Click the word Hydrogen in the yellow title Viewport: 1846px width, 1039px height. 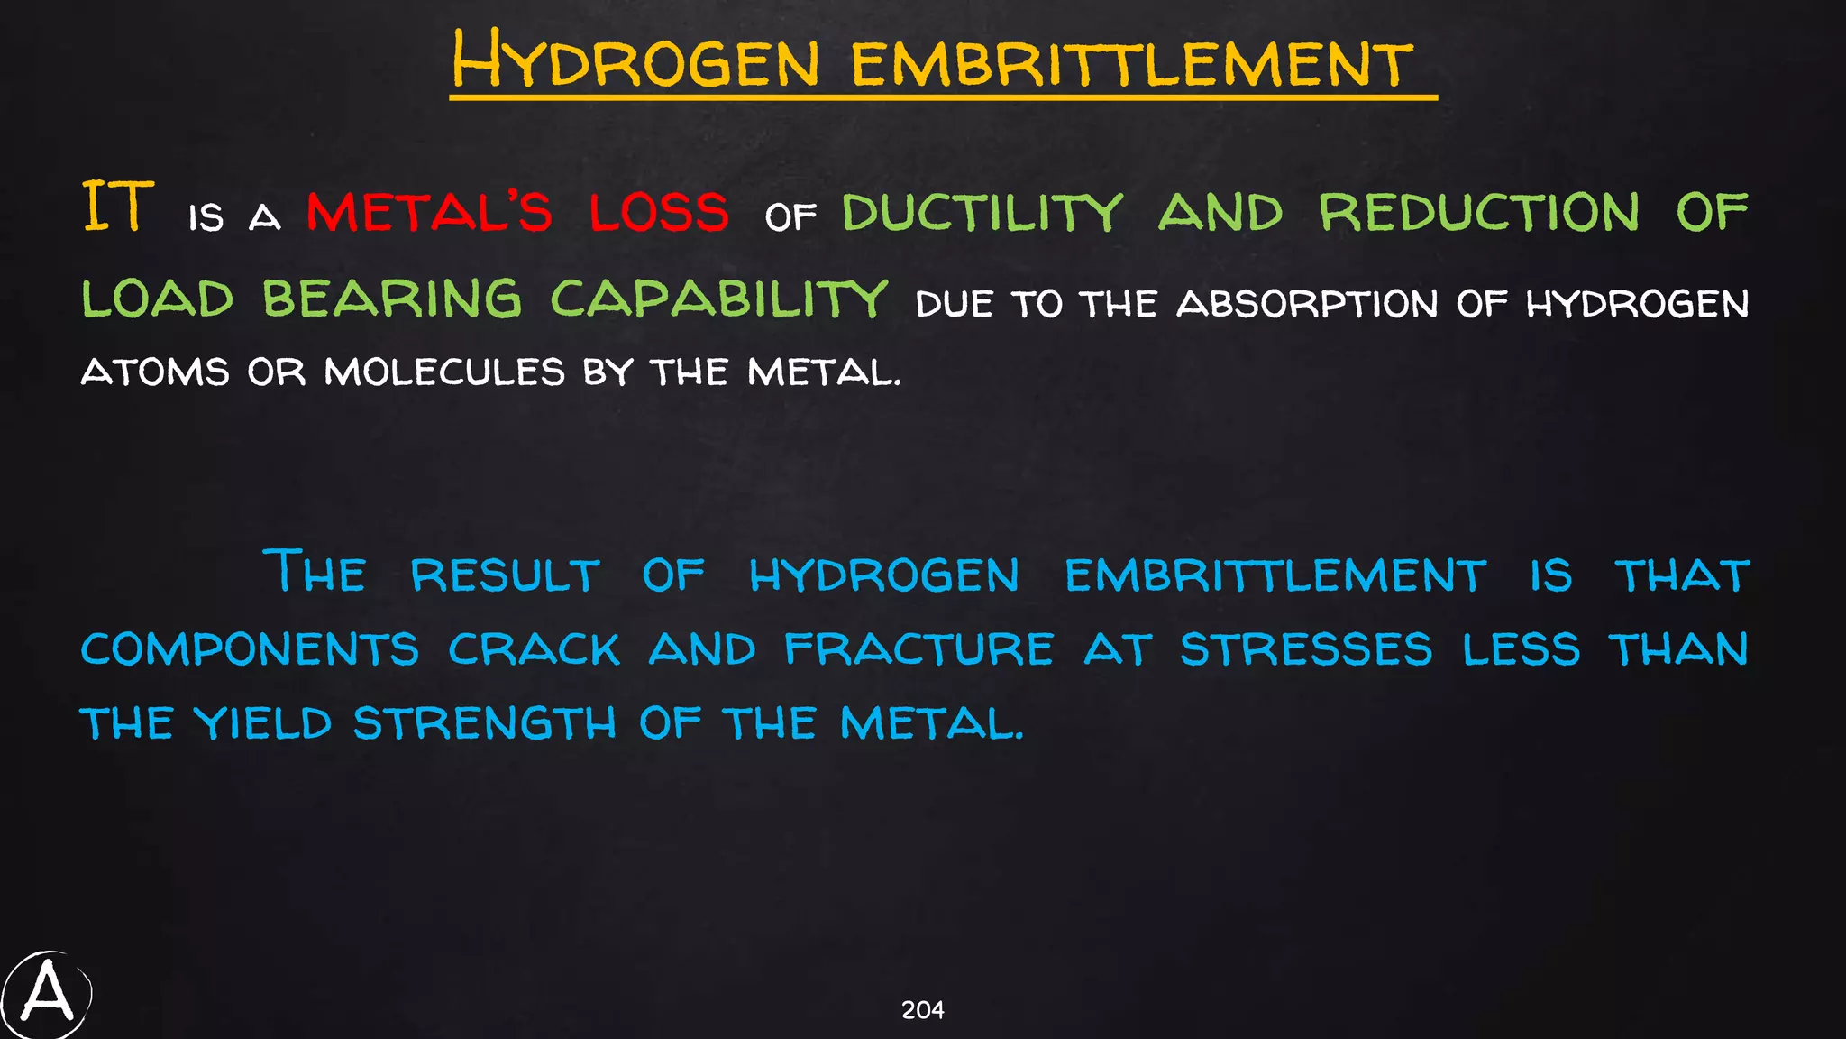pos(635,60)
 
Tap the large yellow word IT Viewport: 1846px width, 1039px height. pos(118,207)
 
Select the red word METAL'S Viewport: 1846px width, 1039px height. pos(429,212)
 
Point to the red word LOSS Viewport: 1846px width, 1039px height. pos(659,212)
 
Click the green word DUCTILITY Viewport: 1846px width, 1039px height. pos(982,213)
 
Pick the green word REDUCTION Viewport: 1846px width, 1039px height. pos(1479,212)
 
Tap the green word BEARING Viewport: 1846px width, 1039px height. pos(392,299)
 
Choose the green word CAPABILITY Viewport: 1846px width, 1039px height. pos(719,299)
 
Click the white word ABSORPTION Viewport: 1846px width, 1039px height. pos(1307,304)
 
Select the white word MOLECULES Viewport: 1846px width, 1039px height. pos(444,372)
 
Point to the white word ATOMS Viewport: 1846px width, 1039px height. pos(155,372)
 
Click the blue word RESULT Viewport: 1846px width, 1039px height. pos(505,575)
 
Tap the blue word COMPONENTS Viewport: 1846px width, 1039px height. pos(250,649)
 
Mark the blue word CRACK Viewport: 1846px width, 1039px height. pos(535,649)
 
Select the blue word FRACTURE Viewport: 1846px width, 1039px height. pos(918,649)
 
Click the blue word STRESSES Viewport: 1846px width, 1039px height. pos(1306,649)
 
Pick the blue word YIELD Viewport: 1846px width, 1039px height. pos(263,723)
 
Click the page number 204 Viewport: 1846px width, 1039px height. pos(922,1010)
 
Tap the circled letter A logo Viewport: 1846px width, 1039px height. pos(47,994)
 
